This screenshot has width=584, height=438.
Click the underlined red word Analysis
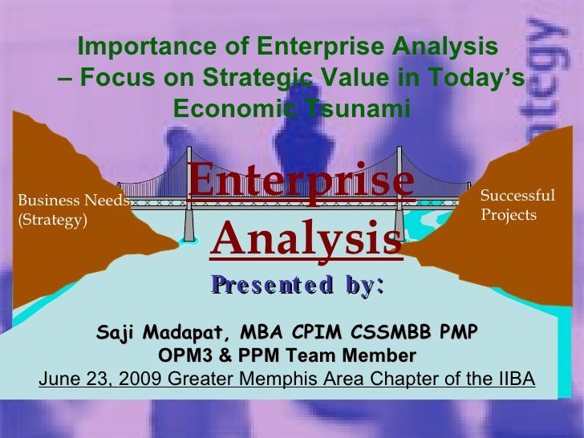(x=308, y=239)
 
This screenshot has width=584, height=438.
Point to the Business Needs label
(x=73, y=201)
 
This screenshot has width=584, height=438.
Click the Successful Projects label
(x=517, y=196)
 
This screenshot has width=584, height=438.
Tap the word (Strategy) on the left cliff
(x=52, y=221)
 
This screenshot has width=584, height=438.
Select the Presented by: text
(x=298, y=284)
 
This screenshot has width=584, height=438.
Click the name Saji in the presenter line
(x=116, y=333)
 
